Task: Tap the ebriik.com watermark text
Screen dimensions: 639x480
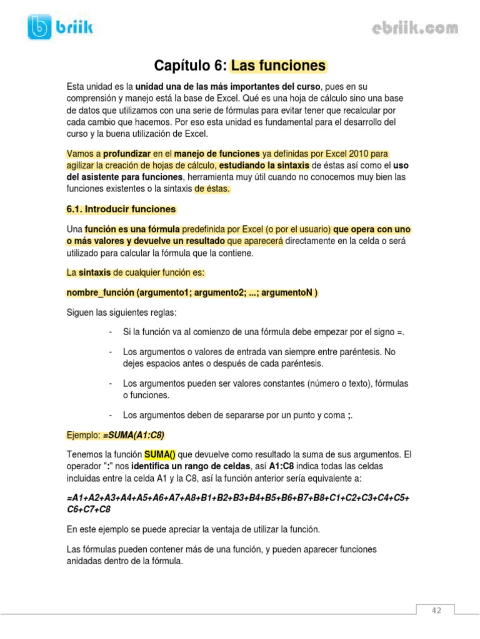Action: (x=415, y=28)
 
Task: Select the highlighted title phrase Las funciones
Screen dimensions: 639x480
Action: (x=279, y=66)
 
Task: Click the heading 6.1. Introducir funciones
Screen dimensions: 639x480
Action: (x=121, y=209)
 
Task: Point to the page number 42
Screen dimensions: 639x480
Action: (x=436, y=610)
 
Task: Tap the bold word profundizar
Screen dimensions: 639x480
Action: (x=129, y=153)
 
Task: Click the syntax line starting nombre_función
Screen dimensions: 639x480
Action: (x=192, y=293)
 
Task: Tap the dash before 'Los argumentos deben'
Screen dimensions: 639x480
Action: (x=110, y=415)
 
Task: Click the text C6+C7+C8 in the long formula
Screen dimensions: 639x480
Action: (x=88, y=509)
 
